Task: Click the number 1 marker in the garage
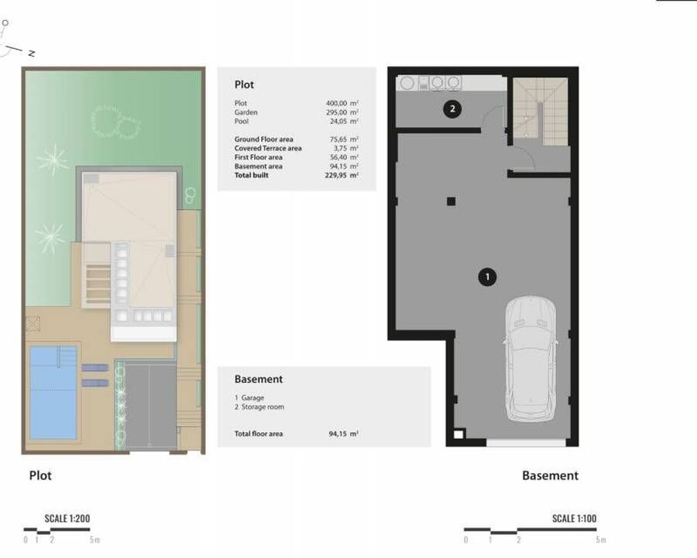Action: tap(487, 277)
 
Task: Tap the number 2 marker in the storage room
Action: tap(452, 108)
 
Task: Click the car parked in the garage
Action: tap(530, 359)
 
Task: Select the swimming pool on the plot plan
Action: tap(53, 392)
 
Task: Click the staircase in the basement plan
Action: tap(541, 112)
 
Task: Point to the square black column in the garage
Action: tap(452, 201)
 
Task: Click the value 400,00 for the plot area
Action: tap(336, 103)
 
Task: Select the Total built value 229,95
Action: tap(335, 175)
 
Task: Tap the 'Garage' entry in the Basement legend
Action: tap(252, 398)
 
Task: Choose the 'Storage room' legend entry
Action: tap(263, 407)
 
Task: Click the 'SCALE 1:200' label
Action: tap(67, 518)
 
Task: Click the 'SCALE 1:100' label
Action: tap(575, 518)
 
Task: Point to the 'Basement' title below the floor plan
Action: tap(551, 476)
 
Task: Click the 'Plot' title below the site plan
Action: tap(40, 476)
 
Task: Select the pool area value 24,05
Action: tap(337, 121)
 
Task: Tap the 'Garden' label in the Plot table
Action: tap(245, 112)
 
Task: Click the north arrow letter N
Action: tap(32, 53)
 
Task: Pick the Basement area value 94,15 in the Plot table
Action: tap(338, 167)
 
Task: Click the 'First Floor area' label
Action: tap(258, 157)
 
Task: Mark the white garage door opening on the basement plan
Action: tap(526, 443)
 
